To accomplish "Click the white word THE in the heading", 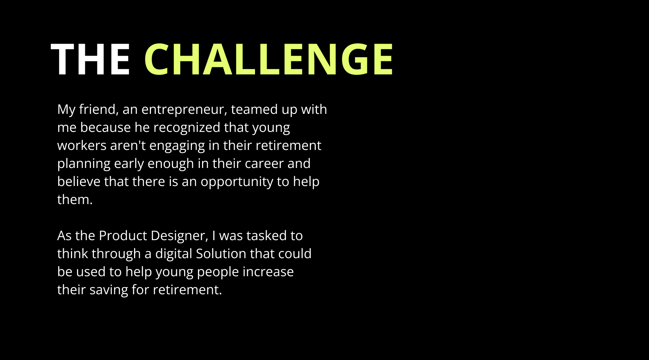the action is [90, 59].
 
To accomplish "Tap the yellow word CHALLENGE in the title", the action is [269, 59].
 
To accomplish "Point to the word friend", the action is [99, 109].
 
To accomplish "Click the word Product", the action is [123, 236].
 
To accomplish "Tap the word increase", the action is [268, 272].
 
